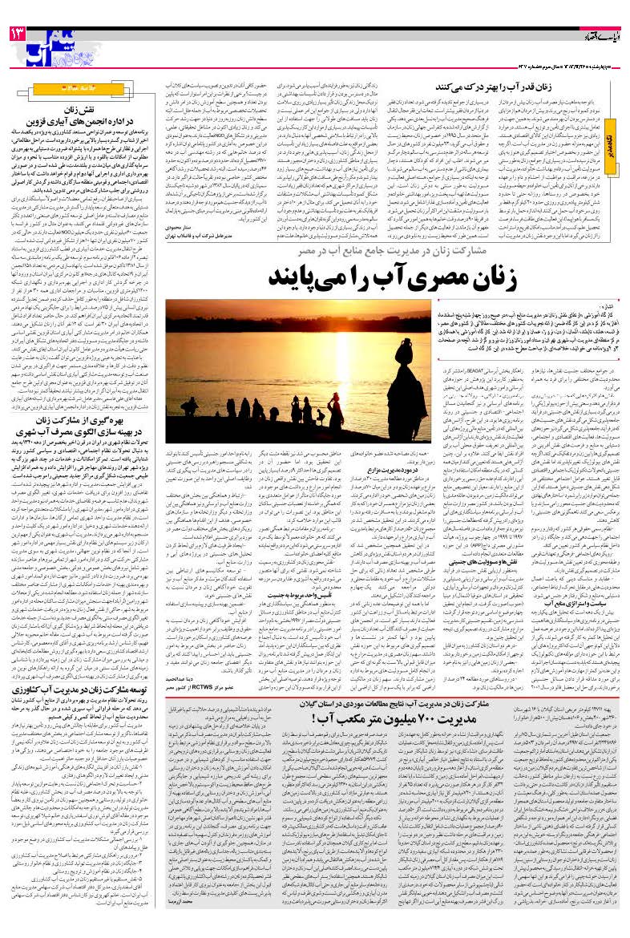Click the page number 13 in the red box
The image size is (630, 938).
click(x=17, y=34)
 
